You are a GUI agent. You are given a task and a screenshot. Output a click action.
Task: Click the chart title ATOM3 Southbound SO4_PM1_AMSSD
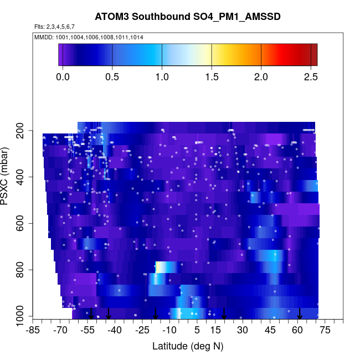[187, 17]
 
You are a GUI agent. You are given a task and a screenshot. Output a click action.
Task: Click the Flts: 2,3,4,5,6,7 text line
[54, 27]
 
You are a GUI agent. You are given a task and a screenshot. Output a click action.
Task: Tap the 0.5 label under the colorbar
[112, 76]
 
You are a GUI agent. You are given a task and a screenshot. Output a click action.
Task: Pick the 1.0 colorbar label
[162, 76]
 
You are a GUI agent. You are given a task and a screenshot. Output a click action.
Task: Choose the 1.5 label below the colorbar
[212, 76]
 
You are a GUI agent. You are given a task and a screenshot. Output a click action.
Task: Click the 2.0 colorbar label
[261, 76]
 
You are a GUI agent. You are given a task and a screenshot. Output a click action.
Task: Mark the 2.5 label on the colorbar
[310, 76]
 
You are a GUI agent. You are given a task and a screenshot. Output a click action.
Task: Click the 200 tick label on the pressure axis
[25, 131]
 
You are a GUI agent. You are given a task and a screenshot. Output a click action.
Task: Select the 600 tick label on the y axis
[25, 224]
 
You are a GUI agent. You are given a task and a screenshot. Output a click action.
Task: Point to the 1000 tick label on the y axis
[23, 317]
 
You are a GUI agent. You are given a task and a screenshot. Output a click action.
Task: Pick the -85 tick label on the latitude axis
[34, 331]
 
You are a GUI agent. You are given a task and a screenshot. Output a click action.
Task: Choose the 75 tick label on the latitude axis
[325, 331]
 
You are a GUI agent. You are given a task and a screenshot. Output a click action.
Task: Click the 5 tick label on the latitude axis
[197, 331]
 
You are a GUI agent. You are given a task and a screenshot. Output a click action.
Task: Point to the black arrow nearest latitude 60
[299, 313]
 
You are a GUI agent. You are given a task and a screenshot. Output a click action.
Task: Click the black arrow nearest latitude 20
[224, 313]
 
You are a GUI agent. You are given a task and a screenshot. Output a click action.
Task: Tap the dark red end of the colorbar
[314, 54]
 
